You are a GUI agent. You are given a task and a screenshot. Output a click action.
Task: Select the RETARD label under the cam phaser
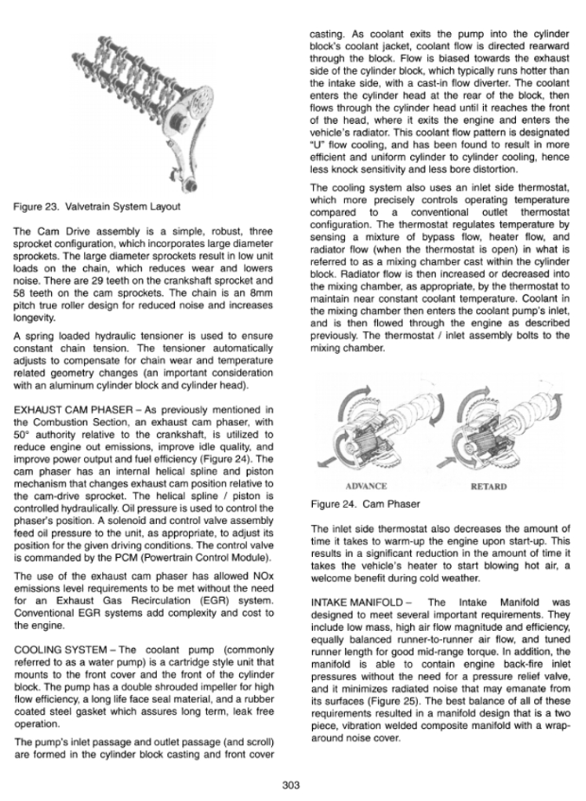[490, 487]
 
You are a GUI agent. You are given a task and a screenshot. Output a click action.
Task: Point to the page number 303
[293, 781]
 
